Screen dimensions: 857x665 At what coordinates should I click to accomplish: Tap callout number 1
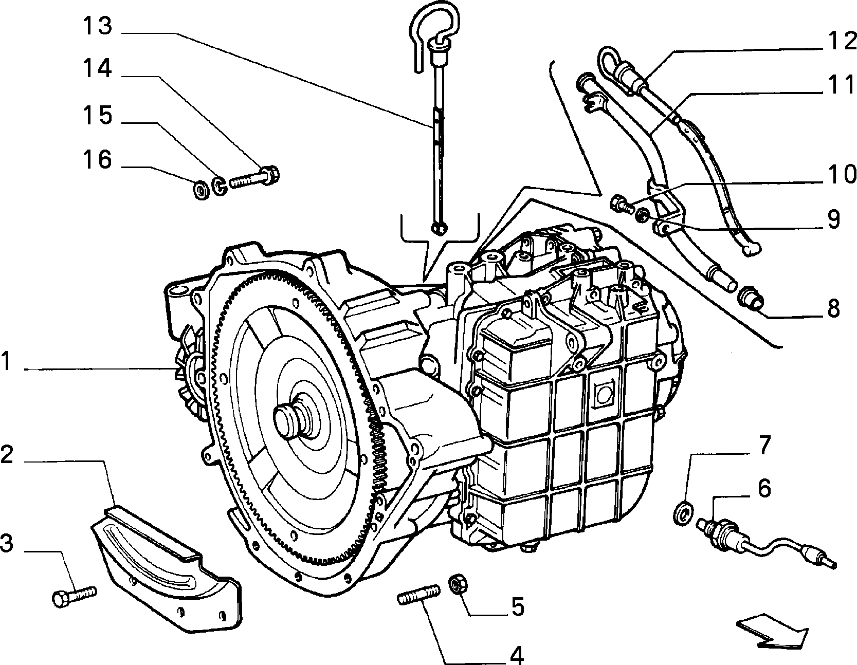(6, 362)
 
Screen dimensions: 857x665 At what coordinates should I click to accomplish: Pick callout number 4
(516, 655)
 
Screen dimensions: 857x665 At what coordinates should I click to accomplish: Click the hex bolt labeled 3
(75, 597)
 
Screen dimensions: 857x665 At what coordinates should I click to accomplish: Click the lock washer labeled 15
(219, 186)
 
